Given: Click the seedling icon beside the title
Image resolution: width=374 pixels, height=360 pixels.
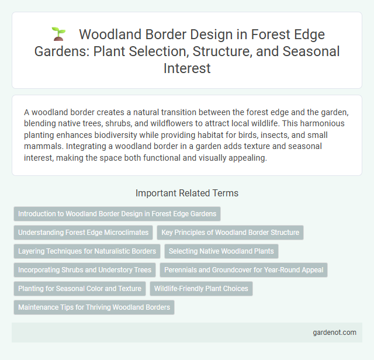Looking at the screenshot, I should [x=57, y=34].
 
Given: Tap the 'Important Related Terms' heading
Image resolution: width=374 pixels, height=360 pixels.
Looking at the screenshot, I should [x=186, y=193].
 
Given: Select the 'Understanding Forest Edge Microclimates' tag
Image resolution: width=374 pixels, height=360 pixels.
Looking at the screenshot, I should [x=82, y=233].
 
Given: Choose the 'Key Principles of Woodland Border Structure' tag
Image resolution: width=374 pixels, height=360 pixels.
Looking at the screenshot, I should [x=230, y=233].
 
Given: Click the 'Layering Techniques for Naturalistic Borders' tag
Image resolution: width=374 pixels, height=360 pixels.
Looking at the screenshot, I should [x=87, y=251].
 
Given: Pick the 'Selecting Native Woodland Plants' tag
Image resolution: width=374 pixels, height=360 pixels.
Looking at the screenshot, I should [x=221, y=251].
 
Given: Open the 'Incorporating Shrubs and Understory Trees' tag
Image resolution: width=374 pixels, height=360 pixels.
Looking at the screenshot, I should [x=84, y=270].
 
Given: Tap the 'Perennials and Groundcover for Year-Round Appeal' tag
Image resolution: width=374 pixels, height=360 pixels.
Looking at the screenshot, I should [x=245, y=270].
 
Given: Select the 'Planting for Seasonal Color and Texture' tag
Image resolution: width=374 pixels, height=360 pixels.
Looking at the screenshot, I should [x=79, y=289].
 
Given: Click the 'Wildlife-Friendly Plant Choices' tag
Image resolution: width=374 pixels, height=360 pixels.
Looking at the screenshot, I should [x=201, y=289].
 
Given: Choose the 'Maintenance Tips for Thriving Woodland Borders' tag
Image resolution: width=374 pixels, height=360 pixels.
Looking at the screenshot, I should [x=93, y=307].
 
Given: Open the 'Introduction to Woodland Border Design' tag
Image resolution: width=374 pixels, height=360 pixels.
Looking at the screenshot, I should [x=117, y=214].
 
